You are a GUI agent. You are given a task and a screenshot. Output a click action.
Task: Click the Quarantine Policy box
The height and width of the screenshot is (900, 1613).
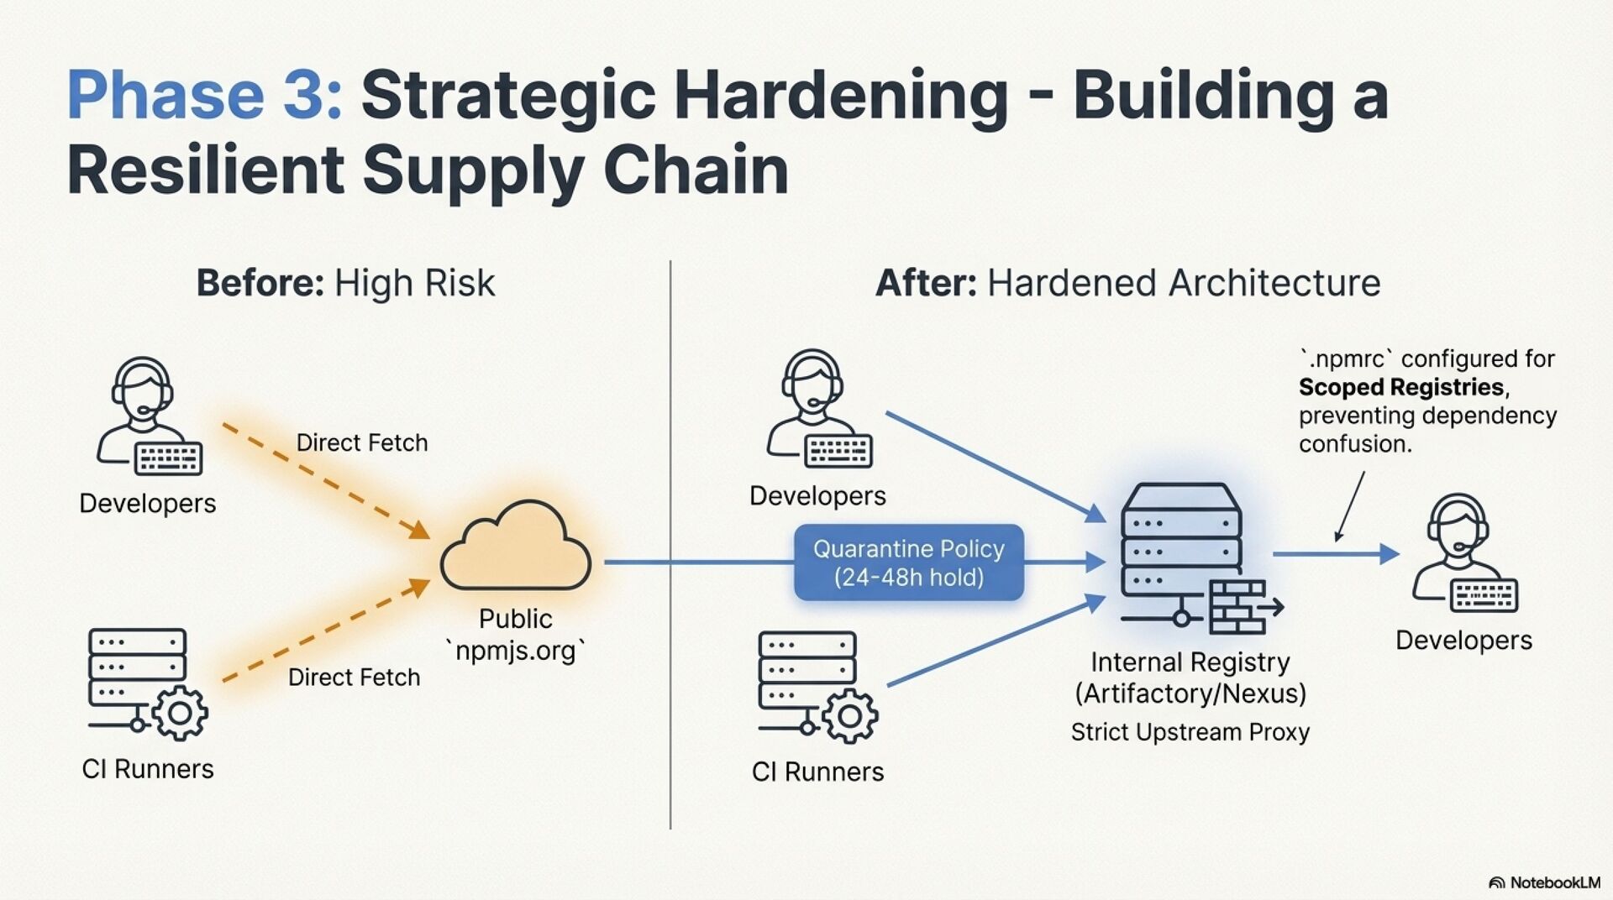coord(908,562)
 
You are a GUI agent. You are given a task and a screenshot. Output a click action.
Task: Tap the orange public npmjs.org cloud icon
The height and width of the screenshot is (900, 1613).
coord(515,547)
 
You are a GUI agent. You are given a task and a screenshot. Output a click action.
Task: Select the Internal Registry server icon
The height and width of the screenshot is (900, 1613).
coord(1181,546)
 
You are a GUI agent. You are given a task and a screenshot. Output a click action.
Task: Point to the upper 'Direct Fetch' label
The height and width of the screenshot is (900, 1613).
coord(362,442)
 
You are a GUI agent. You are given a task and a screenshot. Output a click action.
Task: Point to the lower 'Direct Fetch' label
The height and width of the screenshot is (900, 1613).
coord(354,678)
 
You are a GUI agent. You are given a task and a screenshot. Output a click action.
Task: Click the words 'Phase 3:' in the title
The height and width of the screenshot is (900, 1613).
coord(204,95)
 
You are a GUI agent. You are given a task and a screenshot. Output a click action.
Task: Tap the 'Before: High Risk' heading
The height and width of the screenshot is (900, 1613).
coord(345,283)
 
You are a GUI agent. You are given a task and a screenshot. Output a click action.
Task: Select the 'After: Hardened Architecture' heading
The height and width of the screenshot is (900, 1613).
coord(1127,283)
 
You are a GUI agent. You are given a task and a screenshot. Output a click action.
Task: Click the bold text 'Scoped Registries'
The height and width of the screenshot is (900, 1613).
coord(1400,387)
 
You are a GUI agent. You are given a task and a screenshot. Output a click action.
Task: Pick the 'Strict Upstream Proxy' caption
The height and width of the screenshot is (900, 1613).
coord(1190,732)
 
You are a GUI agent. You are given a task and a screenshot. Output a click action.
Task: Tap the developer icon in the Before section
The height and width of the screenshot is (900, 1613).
coord(148,416)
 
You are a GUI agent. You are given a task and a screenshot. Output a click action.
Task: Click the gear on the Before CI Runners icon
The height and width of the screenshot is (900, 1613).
coord(180,713)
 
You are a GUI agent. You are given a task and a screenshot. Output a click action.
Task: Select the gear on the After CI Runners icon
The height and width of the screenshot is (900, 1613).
coord(849,716)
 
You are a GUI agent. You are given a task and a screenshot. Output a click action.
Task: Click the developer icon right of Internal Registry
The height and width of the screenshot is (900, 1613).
coord(1463,553)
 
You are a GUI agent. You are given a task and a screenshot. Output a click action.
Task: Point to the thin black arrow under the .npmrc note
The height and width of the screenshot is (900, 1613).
coord(1349,506)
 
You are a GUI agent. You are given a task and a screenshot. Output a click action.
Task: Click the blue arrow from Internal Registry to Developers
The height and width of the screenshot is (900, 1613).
coord(1335,554)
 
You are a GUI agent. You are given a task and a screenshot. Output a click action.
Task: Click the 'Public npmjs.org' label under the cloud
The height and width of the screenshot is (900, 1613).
coord(515,635)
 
